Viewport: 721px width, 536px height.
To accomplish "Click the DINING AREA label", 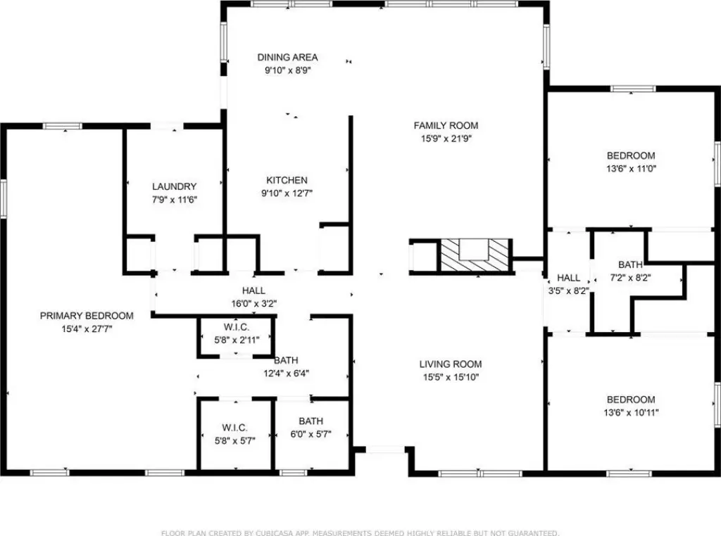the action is (287, 58).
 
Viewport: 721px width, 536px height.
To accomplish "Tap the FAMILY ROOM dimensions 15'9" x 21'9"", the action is (446, 139).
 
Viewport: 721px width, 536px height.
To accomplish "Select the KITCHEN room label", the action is (287, 181).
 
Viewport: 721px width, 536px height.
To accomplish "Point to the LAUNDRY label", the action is (175, 186).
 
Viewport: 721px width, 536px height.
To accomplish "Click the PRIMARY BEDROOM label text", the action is (87, 316).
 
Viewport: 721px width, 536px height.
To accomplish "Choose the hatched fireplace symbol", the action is (475, 255).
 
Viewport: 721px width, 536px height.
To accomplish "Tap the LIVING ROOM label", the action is (451, 364).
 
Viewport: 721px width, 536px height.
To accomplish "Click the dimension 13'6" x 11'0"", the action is (632, 169).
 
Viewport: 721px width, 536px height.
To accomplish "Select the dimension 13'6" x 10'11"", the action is (632, 412).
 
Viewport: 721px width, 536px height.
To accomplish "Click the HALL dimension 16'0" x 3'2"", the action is (253, 304).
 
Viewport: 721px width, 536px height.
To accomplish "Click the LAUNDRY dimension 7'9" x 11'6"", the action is (175, 200).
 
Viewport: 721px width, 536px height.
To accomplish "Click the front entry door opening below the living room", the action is (385, 449).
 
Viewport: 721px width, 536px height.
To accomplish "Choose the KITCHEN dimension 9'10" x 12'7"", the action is (287, 193).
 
